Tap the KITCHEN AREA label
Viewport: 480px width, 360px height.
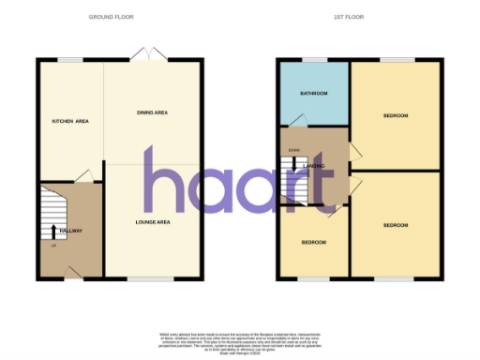tap(69, 122)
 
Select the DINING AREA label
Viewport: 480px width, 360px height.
tap(152, 112)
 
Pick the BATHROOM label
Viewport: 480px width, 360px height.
tap(313, 94)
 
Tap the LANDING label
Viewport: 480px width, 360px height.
tap(315, 166)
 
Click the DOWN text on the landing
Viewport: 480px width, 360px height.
tap(294, 150)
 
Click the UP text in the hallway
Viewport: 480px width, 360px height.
tap(53, 246)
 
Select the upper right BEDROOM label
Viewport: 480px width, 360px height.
tap(396, 115)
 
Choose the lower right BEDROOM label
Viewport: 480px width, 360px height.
tap(396, 225)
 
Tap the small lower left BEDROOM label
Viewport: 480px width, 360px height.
tap(313, 242)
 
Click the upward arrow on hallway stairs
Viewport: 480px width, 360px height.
tap(53, 230)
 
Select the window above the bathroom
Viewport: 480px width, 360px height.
tap(313, 60)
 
